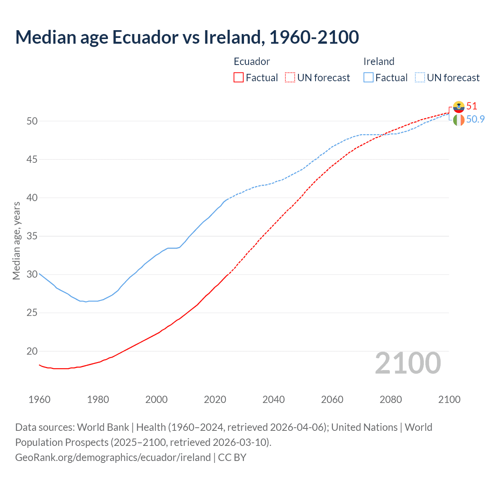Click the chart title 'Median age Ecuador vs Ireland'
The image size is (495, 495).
pos(187,37)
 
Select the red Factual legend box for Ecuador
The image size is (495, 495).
pos(239,78)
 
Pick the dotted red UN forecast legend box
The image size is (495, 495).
pos(290,78)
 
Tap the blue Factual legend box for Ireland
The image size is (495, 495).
pos(369,78)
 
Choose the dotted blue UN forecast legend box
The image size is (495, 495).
pos(420,78)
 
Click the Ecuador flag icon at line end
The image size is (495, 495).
pos(459,107)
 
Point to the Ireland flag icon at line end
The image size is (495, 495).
pos(459,120)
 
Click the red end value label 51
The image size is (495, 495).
pos(472,106)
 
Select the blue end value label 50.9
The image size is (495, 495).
pos(475,119)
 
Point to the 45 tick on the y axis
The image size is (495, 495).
pos(32,159)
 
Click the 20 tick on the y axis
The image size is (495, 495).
pos(32,351)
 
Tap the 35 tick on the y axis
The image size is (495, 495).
pos(32,236)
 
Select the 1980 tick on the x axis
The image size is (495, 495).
pos(98,399)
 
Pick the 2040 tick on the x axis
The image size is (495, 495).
pos(273,399)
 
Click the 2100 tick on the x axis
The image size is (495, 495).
pos(449,399)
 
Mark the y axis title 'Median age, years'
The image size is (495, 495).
pos(16,241)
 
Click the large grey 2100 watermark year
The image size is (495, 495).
pos(408,363)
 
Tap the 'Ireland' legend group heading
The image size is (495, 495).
pos(379,61)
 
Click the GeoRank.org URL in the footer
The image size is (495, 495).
pos(113,457)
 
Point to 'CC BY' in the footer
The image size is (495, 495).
pos(232,457)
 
